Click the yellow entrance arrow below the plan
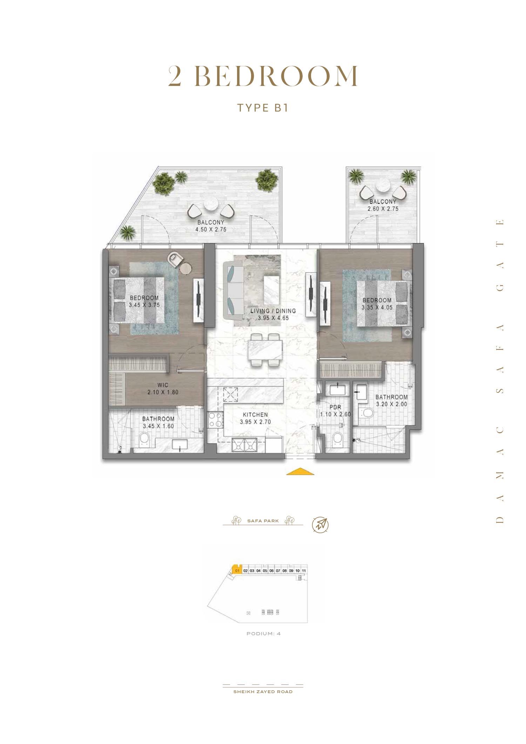pyautogui.click(x=300, y=471)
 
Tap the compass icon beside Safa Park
pyautogui.click(x=321, y=524)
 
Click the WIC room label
pyautogui.click(x=163, y=385)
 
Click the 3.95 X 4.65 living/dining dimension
pyautogui.click(x=273, y=318)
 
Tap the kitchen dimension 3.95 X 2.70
pyautogui.click(x=255, y=422)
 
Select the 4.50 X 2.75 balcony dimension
pyautogui.click(x=211, y=230)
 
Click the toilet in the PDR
pyautogui.click(x=337, y=438)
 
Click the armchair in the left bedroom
pyautogui.click(x=175, y=259)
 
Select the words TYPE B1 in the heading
pyautogui.click(x=263, y=108)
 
